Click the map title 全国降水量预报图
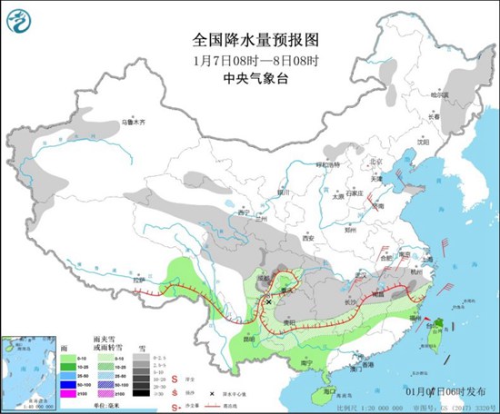tap(249, 40)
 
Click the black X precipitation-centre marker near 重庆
tap(270, 301)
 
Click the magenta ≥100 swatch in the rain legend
tap(69, 393)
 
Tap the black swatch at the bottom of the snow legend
tap(140, 393)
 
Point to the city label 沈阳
tap(422, 142)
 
